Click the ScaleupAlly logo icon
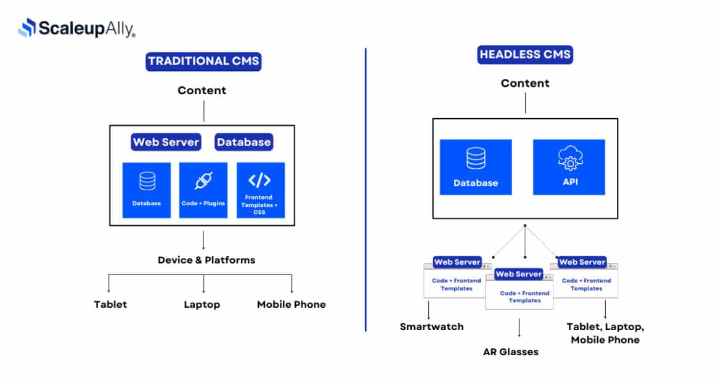click(27, 28)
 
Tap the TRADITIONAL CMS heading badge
click(203, 62)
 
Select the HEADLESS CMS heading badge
click(525, 55)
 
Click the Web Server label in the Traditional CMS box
click(166, 142)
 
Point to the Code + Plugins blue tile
click(203, 190)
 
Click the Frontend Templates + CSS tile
click(261, 190)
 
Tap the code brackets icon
click(260, 180)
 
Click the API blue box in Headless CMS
click(569, 167)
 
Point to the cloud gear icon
click(570, 159)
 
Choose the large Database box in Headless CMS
click(476, 167)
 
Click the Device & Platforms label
click(206, 260)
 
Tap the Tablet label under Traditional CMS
click(110, 305)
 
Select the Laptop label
click(202, 305)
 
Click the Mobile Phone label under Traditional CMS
click(291, 305)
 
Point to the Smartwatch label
click(432, 326)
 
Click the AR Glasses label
click(511, 352)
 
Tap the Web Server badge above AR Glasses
click(519, 274)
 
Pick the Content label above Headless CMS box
click(525, 83)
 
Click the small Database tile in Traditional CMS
click(147, 190)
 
